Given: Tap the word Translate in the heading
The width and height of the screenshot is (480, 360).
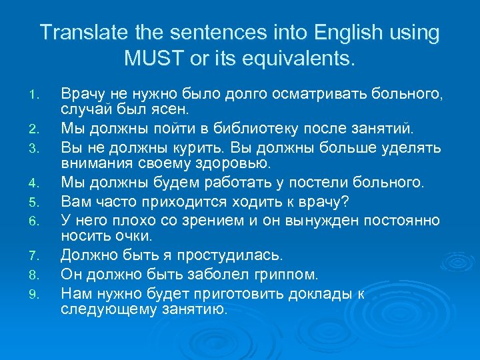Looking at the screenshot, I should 77,32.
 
